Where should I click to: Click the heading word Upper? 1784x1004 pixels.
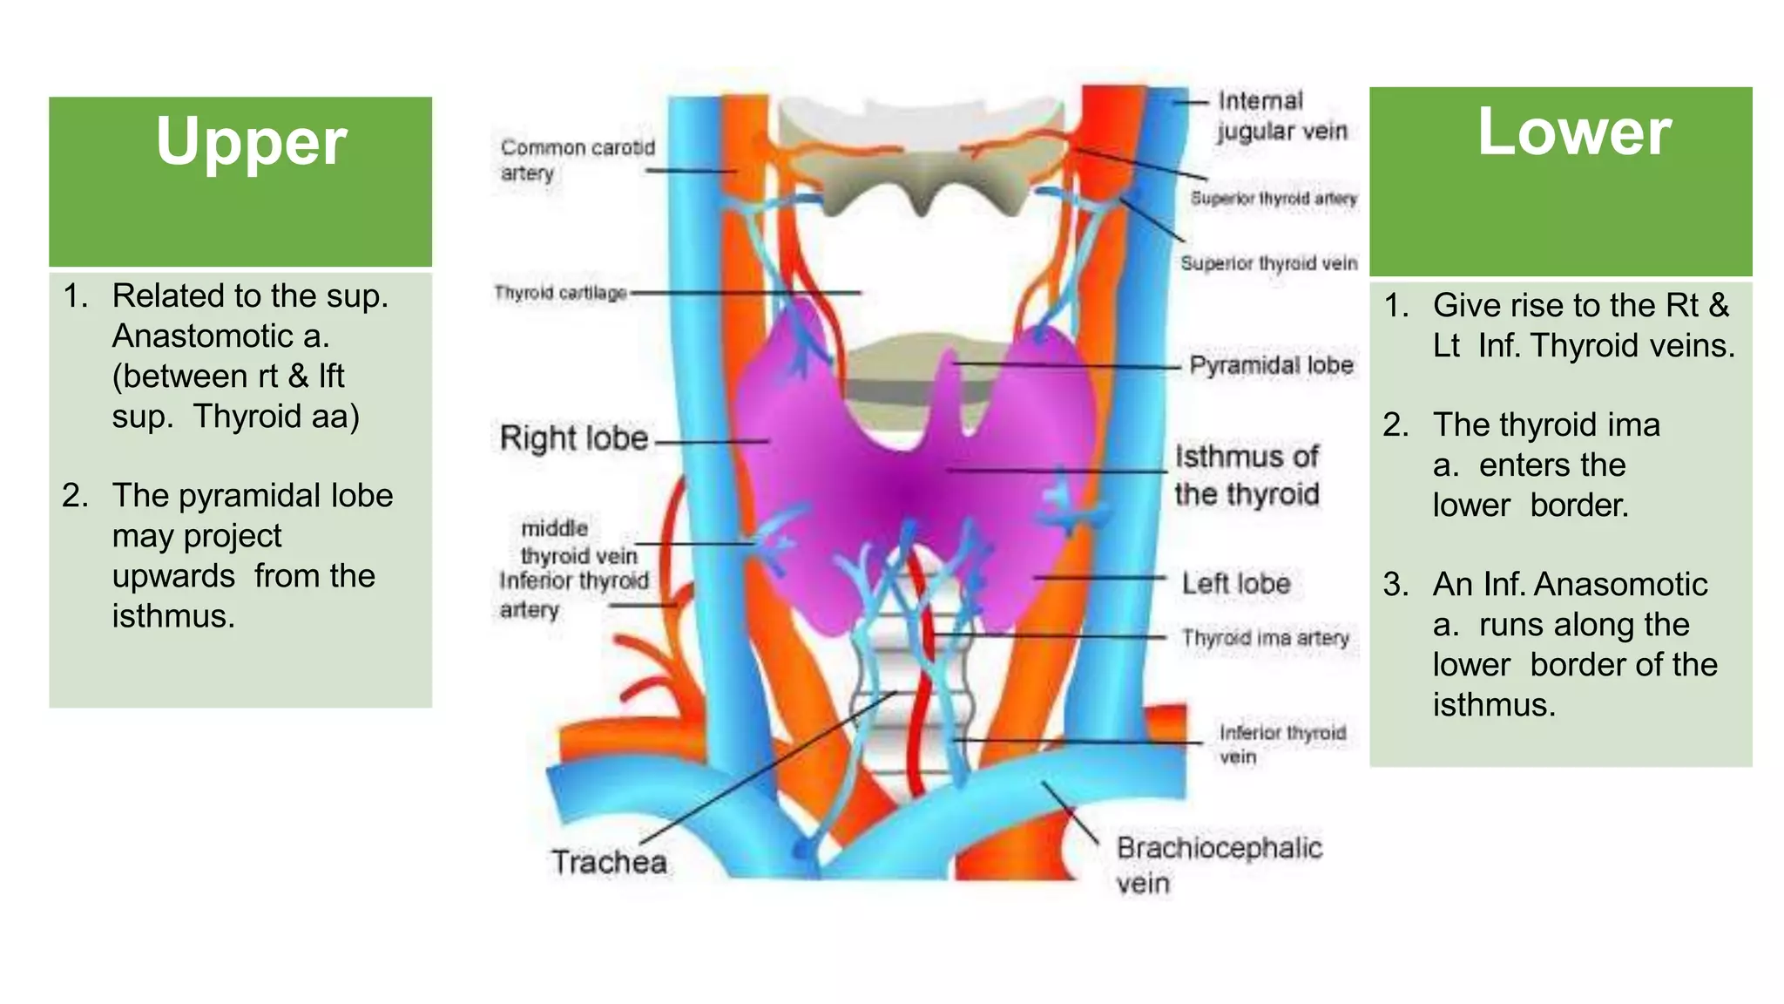pos(251,142)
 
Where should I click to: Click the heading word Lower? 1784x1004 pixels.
pos(1574,132)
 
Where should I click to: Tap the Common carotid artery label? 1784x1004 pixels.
pos(577,159)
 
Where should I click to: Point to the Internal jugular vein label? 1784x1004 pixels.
pos(1281,116)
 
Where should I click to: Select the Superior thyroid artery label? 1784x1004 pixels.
pos(1274,199)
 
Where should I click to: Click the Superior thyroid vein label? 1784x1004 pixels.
pos(1268,263)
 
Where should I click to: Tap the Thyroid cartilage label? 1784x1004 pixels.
pos(560,293)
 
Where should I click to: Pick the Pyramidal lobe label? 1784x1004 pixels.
pos(1271,365)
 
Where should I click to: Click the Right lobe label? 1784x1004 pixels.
pos(574,438)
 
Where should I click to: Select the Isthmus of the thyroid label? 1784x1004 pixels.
pos(1247,475)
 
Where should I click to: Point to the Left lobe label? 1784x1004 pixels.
pos(1235,583)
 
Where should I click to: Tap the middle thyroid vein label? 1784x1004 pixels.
pos(578,541)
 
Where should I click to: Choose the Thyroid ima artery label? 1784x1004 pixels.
pos(1265,638)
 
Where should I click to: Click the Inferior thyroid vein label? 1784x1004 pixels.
pos(1281,743)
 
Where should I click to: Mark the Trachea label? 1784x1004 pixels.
pos(609,862)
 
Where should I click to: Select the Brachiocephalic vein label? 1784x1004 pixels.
pos(1219,865)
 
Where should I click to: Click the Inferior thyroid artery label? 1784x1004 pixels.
pos(573,594)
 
